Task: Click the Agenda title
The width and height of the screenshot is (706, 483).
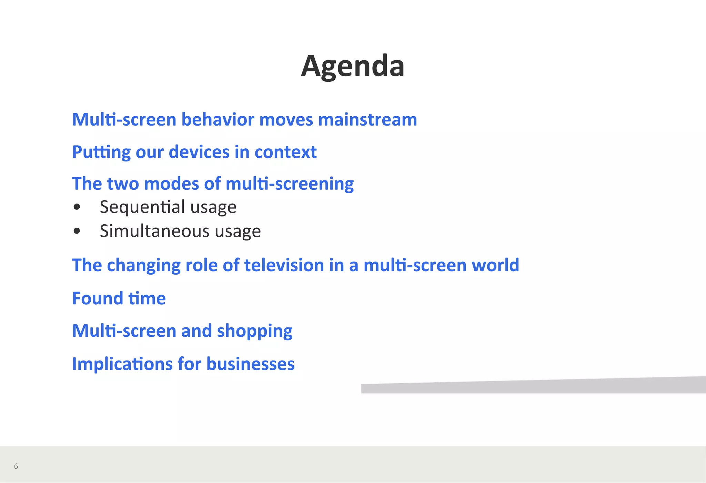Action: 353,66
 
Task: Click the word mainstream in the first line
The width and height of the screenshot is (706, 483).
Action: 367,120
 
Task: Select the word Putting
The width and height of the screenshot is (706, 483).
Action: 101,152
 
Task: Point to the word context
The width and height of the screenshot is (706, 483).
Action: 285,152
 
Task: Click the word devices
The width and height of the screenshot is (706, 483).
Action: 199,152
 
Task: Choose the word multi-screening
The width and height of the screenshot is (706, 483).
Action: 290,184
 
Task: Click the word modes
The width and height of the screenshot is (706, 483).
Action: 171,184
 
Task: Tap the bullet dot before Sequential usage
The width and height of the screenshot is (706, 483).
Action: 77,207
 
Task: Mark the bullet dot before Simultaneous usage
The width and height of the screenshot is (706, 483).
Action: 77,231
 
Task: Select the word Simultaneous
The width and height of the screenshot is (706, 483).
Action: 154,231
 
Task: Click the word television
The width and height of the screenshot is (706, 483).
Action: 284,265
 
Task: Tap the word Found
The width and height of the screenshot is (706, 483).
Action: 98,298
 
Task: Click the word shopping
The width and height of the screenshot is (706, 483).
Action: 254,331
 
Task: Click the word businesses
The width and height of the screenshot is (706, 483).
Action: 250,364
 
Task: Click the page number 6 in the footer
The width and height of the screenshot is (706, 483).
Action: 16,466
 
